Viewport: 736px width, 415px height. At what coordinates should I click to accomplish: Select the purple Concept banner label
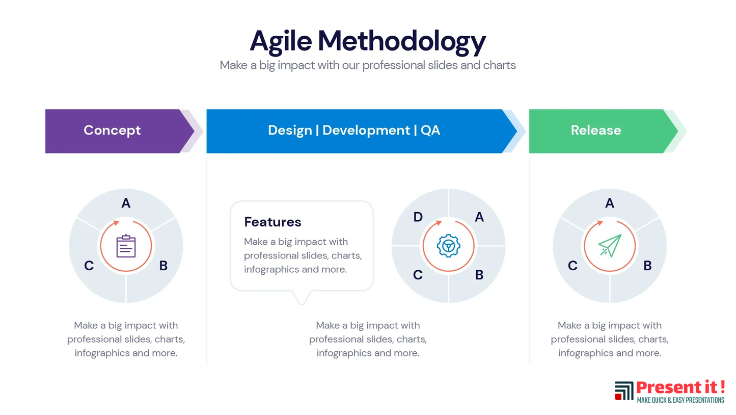[112, 131]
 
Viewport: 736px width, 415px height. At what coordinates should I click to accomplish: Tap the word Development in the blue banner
[366, 131]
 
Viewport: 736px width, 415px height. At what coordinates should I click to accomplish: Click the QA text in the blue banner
[430, 131]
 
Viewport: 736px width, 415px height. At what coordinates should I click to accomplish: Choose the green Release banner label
[596, 130]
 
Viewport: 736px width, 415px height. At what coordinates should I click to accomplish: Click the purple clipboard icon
[126, 246]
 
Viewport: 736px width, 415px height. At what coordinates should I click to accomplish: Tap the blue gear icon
[449, 246]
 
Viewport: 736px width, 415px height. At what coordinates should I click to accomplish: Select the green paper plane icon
[610, 246]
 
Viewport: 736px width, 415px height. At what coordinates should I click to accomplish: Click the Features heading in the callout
[272, 222]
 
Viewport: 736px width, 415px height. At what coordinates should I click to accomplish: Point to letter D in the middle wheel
[418, 217]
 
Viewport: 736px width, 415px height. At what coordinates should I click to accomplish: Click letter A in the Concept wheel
[126, 203]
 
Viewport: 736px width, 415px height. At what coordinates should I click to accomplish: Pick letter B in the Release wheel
[647, 266]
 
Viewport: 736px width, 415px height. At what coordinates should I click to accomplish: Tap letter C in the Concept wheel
[89, 266]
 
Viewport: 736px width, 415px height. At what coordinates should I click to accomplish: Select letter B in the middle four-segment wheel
[479, 275]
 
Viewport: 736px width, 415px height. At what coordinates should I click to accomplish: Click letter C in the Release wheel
[573, 266]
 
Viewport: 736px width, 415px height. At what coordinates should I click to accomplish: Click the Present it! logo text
[680, 387]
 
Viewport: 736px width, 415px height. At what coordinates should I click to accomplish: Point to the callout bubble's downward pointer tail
[302, 298]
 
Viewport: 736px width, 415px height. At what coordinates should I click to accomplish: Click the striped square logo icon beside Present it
[624, 391]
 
